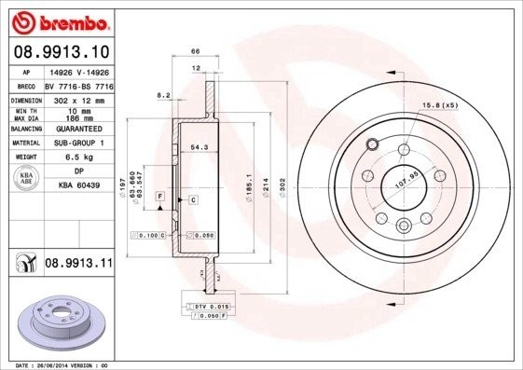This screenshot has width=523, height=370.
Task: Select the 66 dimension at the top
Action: (x=196, y=53)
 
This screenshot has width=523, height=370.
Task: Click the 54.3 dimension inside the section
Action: (x=199, y=147)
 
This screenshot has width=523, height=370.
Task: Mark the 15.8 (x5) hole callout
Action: (x=437, y=104)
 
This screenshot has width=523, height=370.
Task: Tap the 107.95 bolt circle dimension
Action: (x=406, y=174)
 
